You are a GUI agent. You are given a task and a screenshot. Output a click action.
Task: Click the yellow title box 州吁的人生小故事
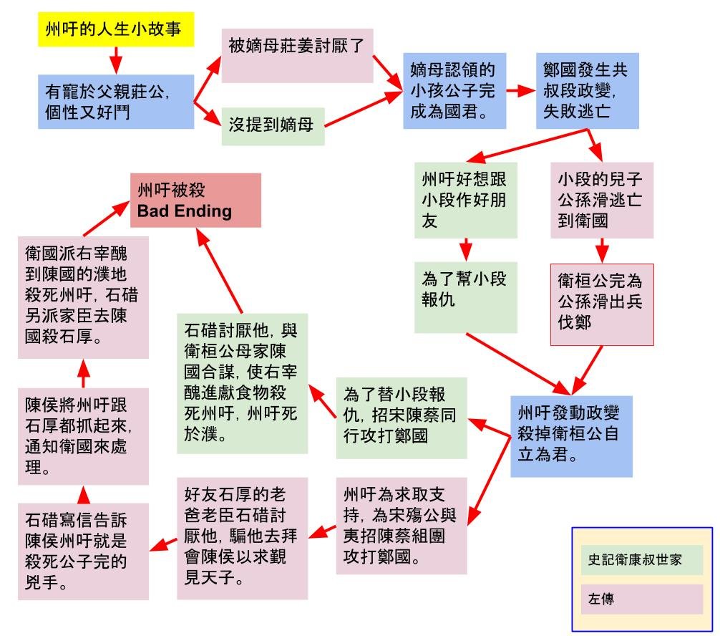pos(116,29)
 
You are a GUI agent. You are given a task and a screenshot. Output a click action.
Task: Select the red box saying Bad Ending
pos(195,201)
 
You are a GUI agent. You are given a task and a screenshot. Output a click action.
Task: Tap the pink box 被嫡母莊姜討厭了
pos(297,56)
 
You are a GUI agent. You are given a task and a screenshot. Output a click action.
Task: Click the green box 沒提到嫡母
pos(273,126)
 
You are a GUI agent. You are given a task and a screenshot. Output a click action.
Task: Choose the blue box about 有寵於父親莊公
pos(116,102)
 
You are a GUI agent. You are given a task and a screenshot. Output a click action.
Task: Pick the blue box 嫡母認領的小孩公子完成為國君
pos(454,90)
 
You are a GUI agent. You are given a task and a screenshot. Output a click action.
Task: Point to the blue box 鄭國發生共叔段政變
pos(588,90)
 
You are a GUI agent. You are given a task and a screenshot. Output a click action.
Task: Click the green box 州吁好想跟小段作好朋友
pos(466,200)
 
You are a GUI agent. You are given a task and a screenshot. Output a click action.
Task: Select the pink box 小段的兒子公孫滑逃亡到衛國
pos(602,200)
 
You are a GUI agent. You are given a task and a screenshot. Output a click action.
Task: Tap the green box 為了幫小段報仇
pos(466,297)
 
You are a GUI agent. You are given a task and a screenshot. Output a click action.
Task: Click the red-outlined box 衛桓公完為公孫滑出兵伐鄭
pos(602,304)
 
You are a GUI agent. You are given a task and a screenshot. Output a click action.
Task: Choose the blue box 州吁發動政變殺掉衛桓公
pos(571,436)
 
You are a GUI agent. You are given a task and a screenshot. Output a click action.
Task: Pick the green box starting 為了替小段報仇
pos(402,418)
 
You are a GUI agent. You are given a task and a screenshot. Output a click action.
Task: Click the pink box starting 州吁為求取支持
pos(402,526)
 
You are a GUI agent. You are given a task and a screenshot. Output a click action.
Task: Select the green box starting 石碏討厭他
pos(243,384)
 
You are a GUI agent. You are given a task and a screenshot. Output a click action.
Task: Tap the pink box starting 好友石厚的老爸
pos(243,538)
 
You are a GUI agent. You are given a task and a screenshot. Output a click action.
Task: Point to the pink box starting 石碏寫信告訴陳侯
pos(83,551)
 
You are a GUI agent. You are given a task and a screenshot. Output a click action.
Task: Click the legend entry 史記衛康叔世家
pos(641,559)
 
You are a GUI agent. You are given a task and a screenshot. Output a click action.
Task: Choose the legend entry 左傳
pos(641,599)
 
